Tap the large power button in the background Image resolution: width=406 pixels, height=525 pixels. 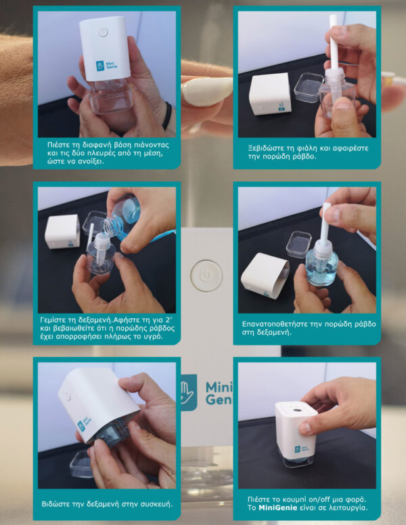206,276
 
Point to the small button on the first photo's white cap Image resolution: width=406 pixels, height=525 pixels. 103,33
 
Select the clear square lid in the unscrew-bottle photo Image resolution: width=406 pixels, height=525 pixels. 308,87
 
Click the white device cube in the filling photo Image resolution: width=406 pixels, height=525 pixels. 62,232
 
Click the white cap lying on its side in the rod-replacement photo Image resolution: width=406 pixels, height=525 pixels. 265,275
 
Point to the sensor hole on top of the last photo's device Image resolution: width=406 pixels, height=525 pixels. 296,409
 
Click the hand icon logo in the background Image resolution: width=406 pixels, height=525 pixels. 189,392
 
